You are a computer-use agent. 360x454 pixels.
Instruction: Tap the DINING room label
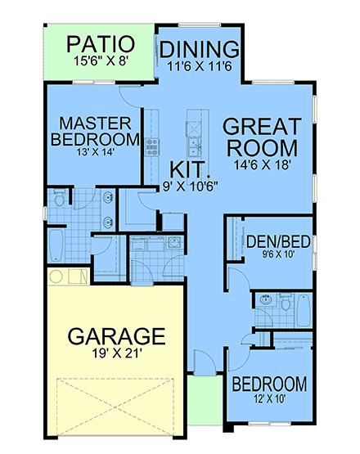(x=199, y=49)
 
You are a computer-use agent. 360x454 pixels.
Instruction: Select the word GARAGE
(x=116, y=335)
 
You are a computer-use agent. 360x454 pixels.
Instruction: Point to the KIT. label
(x=190, y=169)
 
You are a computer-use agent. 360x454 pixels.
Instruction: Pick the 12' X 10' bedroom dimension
(x=269, y=401)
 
